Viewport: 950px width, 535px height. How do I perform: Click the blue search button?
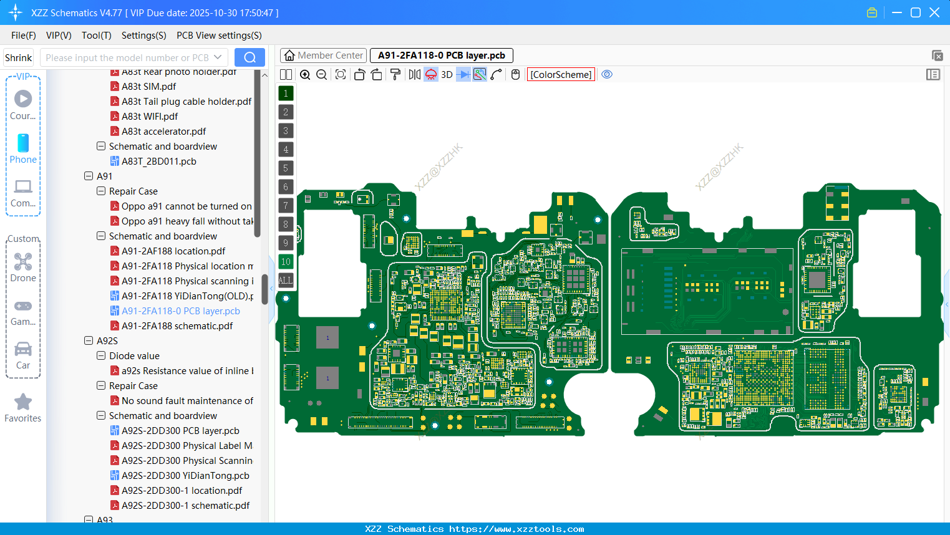250,57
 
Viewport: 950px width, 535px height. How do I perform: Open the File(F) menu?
24,36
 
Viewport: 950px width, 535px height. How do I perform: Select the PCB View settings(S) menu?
219,36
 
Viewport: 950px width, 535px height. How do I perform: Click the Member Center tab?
323,55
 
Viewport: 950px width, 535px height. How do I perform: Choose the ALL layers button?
286,281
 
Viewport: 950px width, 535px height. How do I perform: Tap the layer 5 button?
286,168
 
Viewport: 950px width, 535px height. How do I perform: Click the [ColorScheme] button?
561,75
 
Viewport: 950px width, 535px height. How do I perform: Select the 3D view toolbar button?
447,75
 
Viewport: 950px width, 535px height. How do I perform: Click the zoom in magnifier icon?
305,75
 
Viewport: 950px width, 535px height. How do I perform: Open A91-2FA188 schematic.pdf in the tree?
177,326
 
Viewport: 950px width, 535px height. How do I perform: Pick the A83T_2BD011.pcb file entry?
159,161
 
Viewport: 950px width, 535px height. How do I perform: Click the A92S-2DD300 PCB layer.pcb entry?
180,431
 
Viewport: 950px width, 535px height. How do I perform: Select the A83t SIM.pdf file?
148,87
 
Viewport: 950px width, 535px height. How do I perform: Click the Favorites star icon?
23,402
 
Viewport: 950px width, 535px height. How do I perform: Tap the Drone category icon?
23,262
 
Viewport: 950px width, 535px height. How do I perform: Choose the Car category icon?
23,349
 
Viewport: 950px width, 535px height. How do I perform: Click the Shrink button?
19,57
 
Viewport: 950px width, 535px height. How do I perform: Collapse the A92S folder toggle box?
89,341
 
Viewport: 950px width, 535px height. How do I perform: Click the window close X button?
934,12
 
